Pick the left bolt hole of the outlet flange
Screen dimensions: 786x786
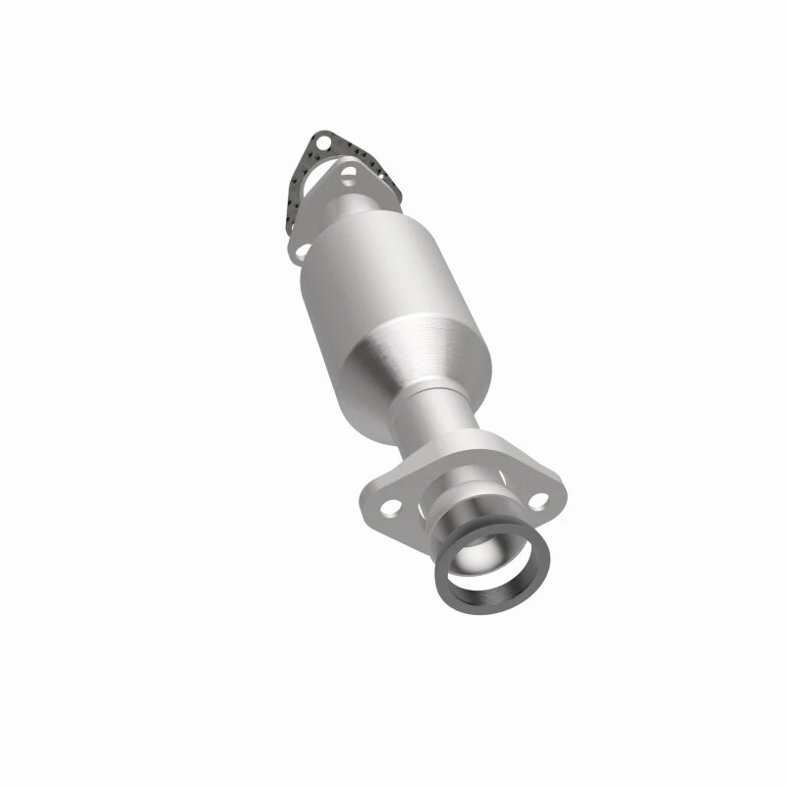(x=390, y=507)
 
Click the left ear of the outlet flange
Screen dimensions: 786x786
(x=378, y=501)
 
